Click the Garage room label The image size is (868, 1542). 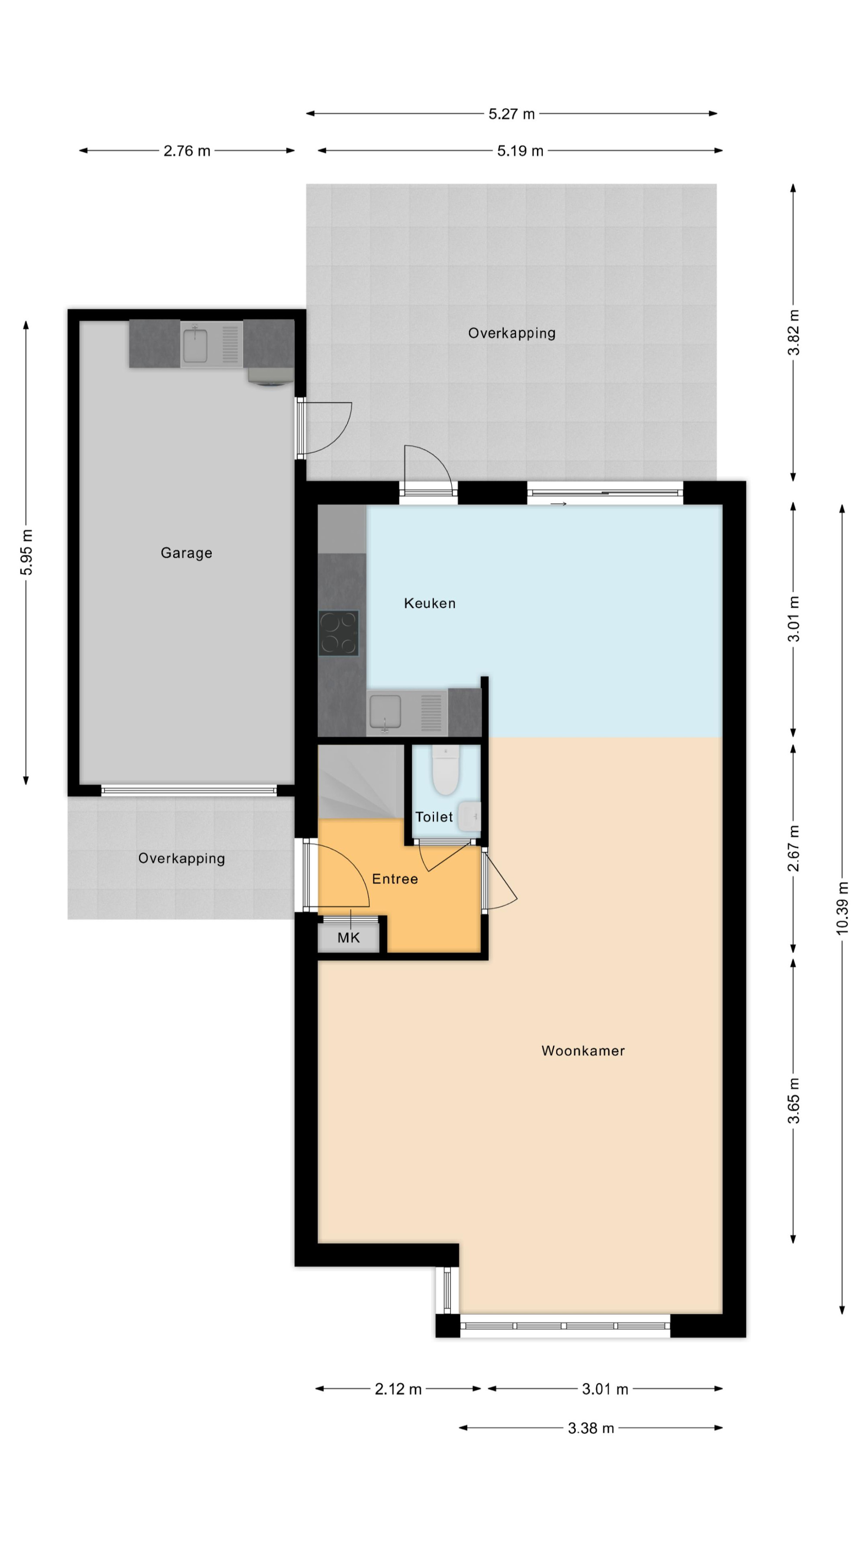pos(186,553)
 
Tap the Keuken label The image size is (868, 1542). pos(430,603)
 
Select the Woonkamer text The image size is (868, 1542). pos(583,1051)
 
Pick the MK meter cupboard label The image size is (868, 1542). pos(349,938)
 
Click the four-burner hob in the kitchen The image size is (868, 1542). pos(339,633)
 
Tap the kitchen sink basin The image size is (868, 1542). pos(385,711)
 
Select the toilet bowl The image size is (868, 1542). pos(446,771)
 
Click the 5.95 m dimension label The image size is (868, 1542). pos(26,552)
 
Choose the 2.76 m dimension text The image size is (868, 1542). pos(187,151)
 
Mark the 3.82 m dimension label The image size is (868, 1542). pos(793,332)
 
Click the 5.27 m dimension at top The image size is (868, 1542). pos(512,114)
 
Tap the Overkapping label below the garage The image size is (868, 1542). pos(181,859)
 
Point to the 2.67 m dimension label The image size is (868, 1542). pos(793,848)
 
